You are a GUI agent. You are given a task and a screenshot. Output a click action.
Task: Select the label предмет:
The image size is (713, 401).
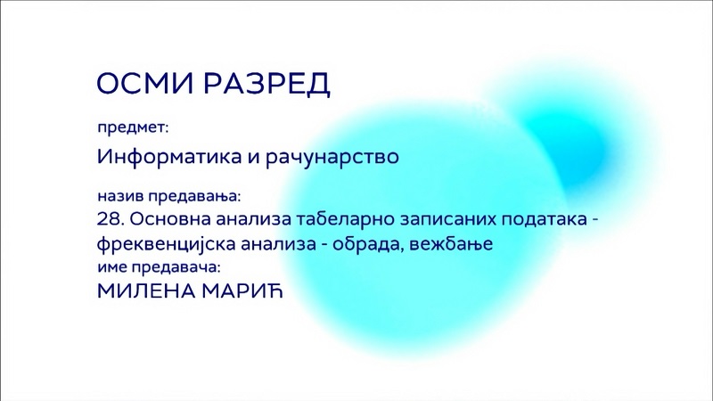click(133, 128)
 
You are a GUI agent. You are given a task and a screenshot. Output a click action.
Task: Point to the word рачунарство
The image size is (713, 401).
click(332, 158)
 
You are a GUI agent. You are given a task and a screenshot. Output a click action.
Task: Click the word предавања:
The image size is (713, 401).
click(194, 197)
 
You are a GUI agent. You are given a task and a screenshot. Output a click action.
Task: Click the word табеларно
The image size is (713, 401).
click(346, 219)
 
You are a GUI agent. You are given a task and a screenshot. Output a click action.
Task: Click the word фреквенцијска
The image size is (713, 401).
click(166, 244)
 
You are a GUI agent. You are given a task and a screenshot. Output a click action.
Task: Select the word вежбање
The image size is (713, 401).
click(451, 244)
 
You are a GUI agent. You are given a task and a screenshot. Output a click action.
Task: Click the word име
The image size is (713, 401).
click(112, 267)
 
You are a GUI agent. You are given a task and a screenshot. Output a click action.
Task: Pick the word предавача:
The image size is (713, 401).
click(176, 267)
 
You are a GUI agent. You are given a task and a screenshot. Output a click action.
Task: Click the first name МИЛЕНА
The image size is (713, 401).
click(146, 291)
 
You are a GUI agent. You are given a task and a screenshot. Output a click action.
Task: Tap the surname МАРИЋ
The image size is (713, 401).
click(242, 291)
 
